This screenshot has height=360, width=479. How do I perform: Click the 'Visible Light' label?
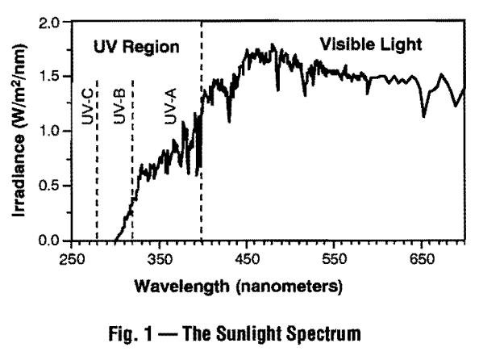click(x=370, y=44)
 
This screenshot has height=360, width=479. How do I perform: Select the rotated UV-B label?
click(x=119, y=107)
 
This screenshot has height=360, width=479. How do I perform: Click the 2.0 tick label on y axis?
click(x=50, y=22)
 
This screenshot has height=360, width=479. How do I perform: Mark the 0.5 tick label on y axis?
click(x=50, y=186)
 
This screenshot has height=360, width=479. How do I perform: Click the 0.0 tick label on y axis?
click(x=50, y=241)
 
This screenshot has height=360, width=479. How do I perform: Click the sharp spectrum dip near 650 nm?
click(x=424, y=115)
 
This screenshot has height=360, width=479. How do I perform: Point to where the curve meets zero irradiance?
click(x=115, y=240)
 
